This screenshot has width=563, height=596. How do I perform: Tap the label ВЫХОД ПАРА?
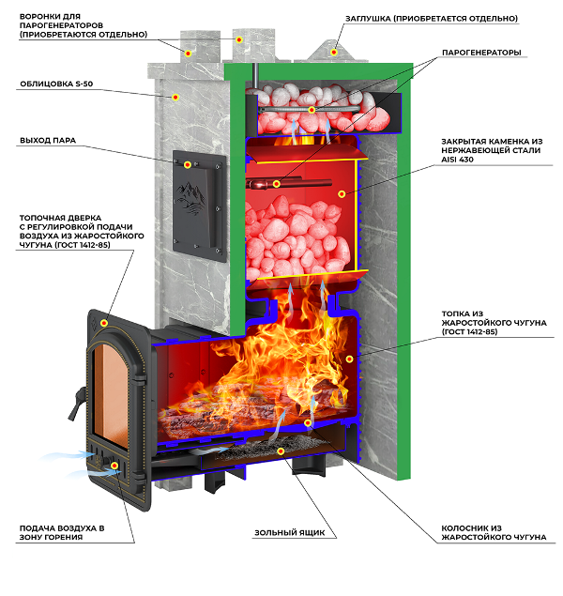(x=48, y=141)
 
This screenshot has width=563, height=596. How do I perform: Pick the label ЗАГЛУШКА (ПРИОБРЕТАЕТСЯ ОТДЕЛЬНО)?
(x=457, y=18)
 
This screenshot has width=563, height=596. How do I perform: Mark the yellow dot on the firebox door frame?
(x=105, y=323)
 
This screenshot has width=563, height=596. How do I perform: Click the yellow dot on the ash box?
(x=281, y=451)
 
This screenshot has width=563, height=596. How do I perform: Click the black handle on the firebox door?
(x=69, y=405)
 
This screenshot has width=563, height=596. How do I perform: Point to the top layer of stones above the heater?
(x=314, y=103)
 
